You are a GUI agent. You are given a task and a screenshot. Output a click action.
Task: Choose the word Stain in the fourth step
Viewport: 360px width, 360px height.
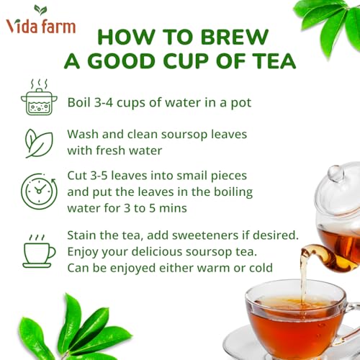84,235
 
